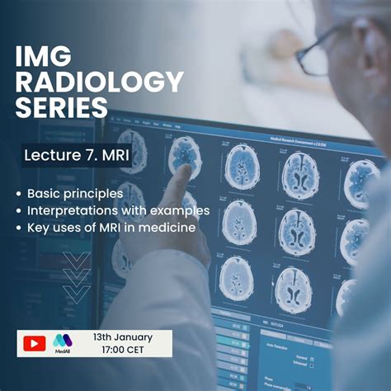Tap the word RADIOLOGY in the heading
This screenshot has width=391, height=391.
point(99,82)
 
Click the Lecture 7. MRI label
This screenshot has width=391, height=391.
point(75,155)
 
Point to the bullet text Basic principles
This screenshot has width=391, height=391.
point(75,194)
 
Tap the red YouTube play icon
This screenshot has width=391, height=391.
point(35,343)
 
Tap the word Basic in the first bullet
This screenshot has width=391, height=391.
point(43,194)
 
